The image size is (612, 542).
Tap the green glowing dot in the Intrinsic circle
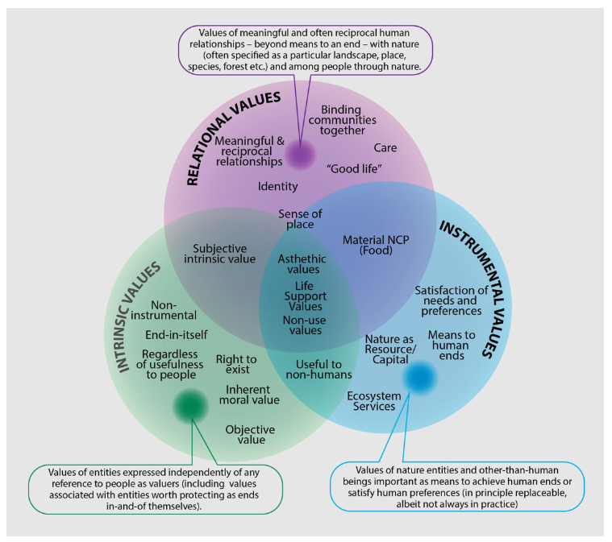point(191,406)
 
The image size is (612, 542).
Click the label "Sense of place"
point(300,219)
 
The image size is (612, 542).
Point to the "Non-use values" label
point(303,324)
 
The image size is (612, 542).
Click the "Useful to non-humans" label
point(318,369)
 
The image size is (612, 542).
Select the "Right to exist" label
point(236,364)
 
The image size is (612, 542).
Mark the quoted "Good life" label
point(353,168)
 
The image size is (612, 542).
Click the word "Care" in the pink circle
point(385,148)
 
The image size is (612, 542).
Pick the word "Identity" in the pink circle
point(277,187)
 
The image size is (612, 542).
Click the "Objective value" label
point(250,434)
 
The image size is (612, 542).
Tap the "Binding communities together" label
point(342,120)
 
